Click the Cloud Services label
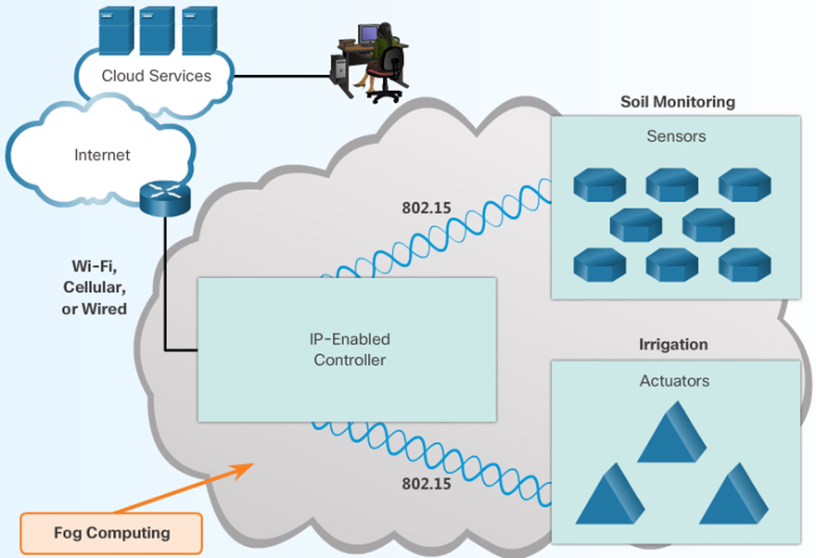[x=156, y=76]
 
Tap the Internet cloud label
[x=102, y=155]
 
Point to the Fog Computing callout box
[x=110, y=533]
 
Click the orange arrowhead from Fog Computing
[x=247, y=466]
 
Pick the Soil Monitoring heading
[x=677, y=102]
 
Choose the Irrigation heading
[x=673, y=345]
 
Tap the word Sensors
[x=676, y=136]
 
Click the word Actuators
[x=674, y=381]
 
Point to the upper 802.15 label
[x=426, y=208]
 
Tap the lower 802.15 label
[x=426, y=483]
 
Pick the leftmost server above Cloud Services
[x=116, y=30]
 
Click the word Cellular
[x=95, y=287]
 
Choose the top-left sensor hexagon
[x=599, y=184]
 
